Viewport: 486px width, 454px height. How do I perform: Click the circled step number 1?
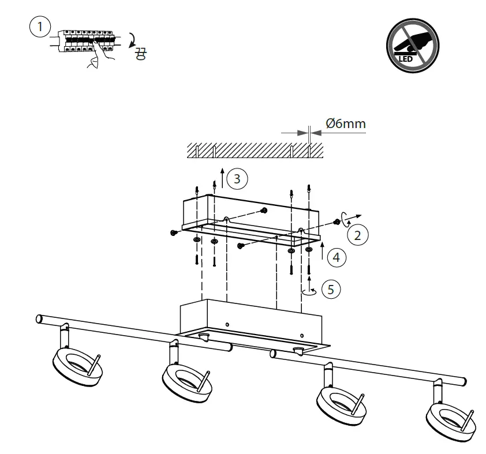click(x=39, y=26)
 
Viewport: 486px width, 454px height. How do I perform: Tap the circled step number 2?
click(x=358, y=235)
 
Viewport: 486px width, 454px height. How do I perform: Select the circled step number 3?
click(x=237, y=179)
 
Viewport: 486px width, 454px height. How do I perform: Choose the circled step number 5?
click(x=330, y=289)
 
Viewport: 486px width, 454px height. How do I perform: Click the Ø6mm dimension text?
click(x=346, y=123)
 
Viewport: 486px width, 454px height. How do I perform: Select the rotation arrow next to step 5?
click(x=311, y=291)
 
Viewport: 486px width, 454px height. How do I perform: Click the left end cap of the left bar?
click(x=39, y=318)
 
